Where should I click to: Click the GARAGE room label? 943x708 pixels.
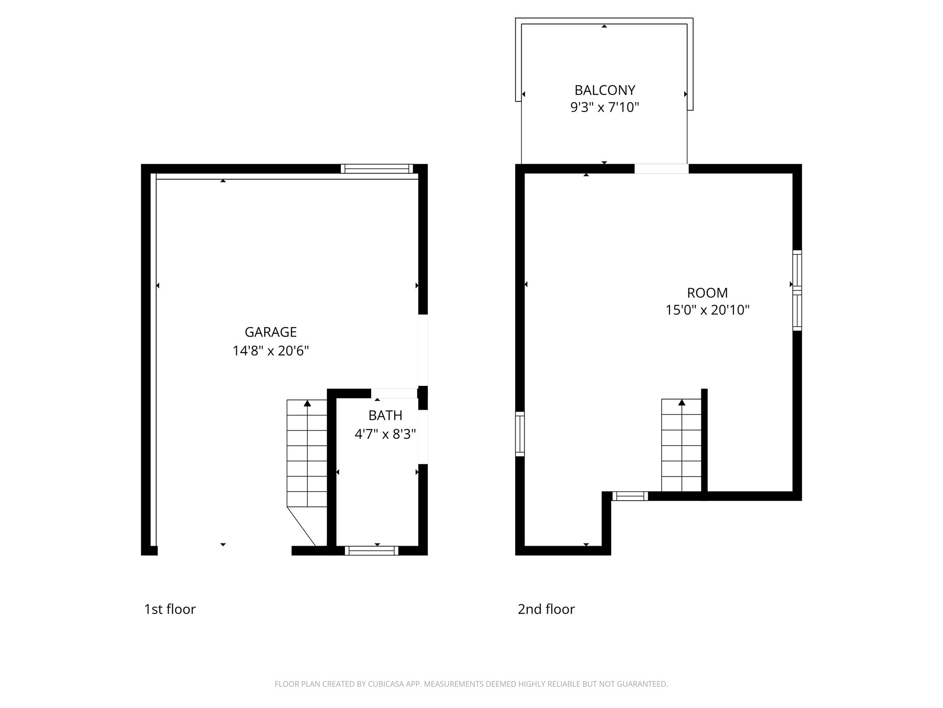click(x=270, y=332)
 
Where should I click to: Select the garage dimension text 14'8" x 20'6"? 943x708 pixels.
click(x=270, y=351)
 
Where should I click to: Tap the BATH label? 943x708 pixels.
click(x=385, y=415)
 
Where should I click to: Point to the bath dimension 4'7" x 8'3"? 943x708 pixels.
click(x=385, y=434)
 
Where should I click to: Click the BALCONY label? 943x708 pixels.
click(x=605, y=90)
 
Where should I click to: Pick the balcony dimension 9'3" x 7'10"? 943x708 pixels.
click(x=605, y=107)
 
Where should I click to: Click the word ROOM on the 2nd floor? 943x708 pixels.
click(x=707, y=293)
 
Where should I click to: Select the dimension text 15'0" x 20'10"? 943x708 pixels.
click(x=707, y=310)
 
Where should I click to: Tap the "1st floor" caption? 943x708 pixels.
click(x=170, y=609)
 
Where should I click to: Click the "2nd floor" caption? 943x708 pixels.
click(x=546, y=609)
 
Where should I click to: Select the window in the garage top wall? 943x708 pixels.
click(x=377, y=169)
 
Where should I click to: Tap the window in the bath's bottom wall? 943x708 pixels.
click(x=371, y=550)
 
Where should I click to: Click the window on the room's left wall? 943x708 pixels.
click(x=520, y=434)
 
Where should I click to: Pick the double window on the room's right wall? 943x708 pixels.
click(x=797, y=290)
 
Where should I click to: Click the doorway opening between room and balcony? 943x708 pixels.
click(x=661, y=169)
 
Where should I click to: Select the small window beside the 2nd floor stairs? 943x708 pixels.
click(x=630, y=496)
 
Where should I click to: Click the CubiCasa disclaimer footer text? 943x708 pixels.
click(x=471, y=684)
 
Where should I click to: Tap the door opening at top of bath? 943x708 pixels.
click(x=394, y=393)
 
